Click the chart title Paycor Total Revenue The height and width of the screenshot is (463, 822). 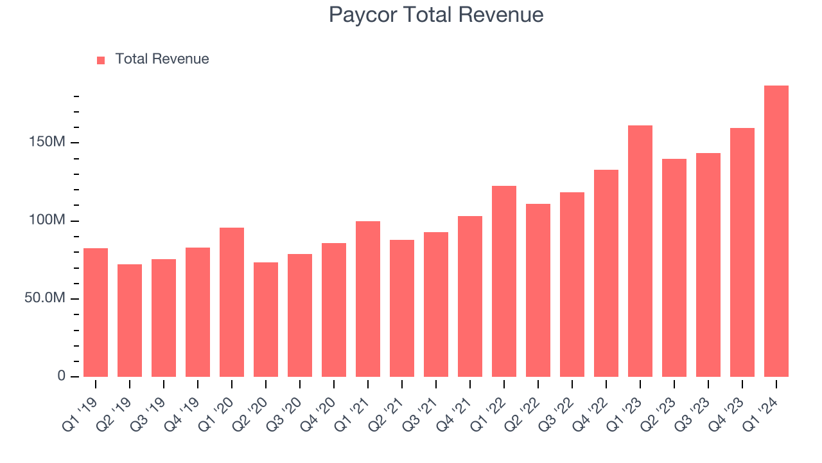[x=436, y=15]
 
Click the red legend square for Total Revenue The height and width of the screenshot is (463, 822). [x=101, y=60]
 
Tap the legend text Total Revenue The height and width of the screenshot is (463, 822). [x=162, y=59]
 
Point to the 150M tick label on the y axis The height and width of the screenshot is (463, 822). [x=47, y=142]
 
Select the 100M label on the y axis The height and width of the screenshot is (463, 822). [x=47, y=221]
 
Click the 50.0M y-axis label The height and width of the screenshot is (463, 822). [x=45, y=298]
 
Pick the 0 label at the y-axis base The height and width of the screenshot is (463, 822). [x=62, y=376]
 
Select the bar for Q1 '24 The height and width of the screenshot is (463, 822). [x=776, y=232]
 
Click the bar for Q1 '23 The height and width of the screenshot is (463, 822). [x=640, y=251]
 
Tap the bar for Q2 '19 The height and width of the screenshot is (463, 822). [x=130, y=320]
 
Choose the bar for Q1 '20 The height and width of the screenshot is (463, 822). [x=232, y=302]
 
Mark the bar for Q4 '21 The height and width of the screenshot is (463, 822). [x=470, y=296]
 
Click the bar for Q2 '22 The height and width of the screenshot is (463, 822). [x=538, y=289]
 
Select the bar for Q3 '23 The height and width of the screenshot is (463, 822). [x=708, y=265]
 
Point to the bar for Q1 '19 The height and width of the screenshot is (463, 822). [x=96, y=313]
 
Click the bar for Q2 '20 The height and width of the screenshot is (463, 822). [x=266, y=320]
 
